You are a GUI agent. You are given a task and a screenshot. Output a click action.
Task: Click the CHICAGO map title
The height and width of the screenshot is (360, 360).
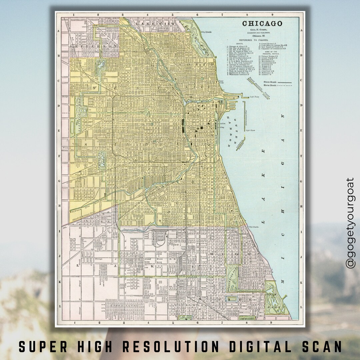[x=262, y=24]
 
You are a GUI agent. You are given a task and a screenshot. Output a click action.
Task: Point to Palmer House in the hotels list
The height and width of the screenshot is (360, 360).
[x=269, y=56]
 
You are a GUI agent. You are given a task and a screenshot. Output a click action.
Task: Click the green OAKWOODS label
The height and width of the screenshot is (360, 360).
[x=247, y=319]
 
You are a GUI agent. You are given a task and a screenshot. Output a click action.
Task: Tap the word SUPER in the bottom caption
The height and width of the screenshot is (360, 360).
[x=38, y=347]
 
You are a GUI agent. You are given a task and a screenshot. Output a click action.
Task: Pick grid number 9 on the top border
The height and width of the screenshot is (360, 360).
[x=272, y=15]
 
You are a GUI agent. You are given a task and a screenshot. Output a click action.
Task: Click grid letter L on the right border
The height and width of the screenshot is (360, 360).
[x=302, y=306]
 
